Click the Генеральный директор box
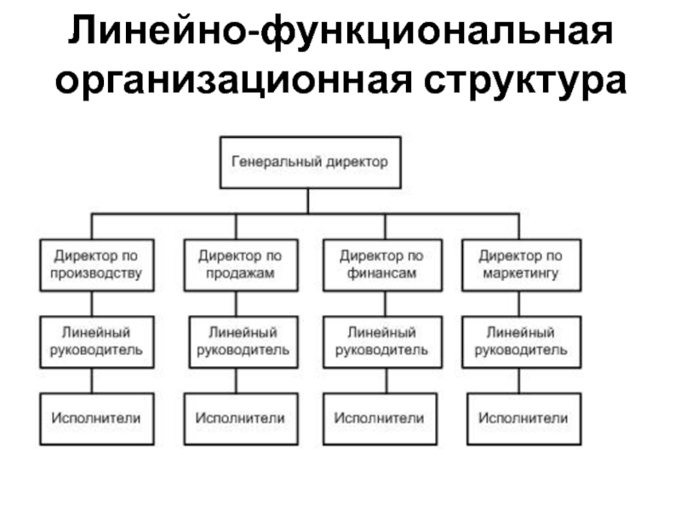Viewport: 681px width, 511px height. [x=310, y=163]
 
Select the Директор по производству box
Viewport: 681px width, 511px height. [x=97, y=265]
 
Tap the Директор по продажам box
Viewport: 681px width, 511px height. [x=241, y=265]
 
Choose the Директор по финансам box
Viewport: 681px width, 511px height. [x=382, y=265]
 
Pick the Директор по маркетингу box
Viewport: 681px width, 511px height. [x=522, y=265]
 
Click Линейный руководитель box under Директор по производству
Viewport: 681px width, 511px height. [x=97, y=342]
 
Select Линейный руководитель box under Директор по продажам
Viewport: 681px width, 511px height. [x=243, y=342]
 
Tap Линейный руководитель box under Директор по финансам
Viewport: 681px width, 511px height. [x=382, y=342]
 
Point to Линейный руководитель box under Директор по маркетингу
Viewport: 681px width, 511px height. [x=522, y=342]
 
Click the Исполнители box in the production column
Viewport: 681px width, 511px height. [x=97, y=419]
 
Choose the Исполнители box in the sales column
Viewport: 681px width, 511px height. [x=241, y=419]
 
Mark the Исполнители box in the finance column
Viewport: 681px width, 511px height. [x=380, y=419]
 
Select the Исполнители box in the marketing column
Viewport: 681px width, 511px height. [x=524, y=419]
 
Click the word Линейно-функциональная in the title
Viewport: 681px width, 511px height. [x=340, y=32]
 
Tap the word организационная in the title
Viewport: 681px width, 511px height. [x=233, y=81]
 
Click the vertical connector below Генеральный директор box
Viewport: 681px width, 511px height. [x=308, y=201]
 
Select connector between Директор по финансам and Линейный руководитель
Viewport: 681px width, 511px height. [x=386, y=304]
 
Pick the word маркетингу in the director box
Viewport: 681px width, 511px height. [x=521, y=273]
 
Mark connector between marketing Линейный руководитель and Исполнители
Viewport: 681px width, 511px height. [x=519, y=381]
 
